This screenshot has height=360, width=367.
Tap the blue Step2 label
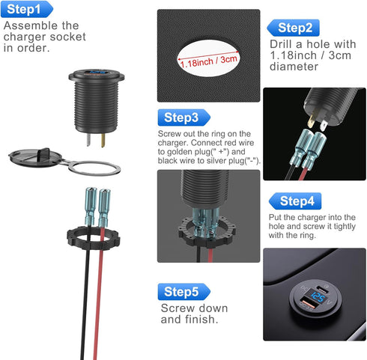click(x=294, y=28)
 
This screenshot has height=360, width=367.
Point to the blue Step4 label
click(x=297, y=201)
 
